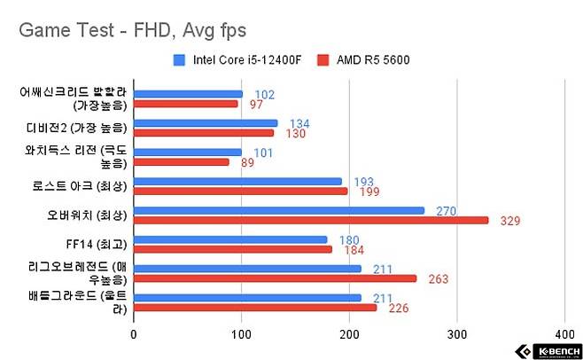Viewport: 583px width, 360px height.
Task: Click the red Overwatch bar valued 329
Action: tap(311, 220)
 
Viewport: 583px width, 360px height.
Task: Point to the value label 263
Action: tap(439, 279)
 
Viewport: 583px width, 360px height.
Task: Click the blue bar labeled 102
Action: tap(188, 93)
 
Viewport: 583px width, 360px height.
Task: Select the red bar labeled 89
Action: tap(182, 162)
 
